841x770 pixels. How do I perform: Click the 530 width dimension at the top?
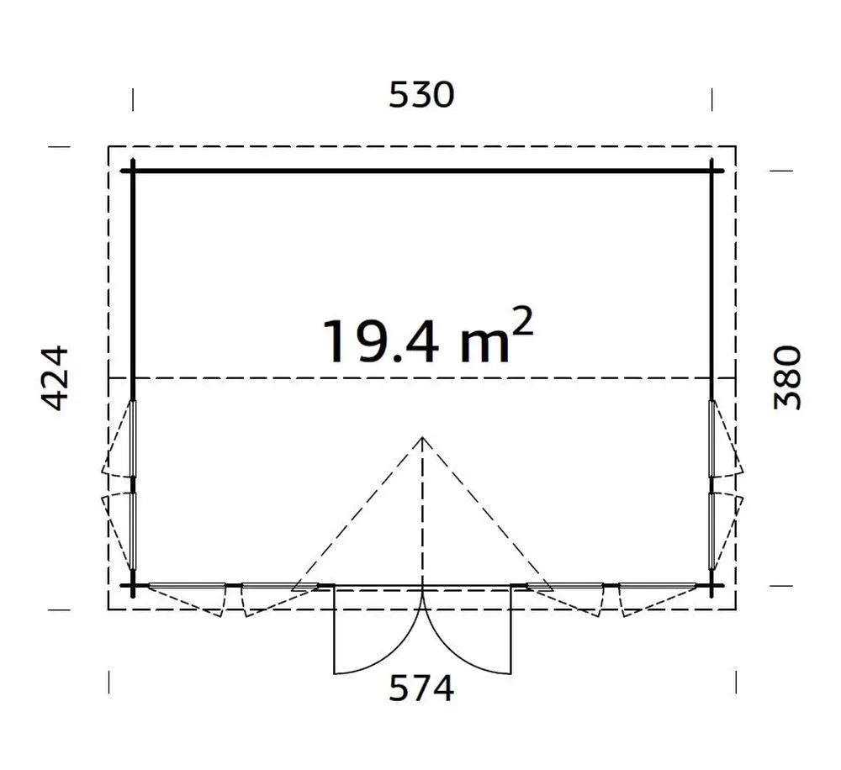pos(421,95)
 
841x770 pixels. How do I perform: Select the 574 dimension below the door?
pos(421,688)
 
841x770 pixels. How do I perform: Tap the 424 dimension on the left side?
pos(56,378)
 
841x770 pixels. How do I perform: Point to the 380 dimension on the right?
pos(787,378)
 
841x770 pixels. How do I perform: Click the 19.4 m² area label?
pos(426,337)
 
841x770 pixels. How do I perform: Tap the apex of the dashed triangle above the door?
pos(422,437)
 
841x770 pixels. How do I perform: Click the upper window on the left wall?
pos(133,438)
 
